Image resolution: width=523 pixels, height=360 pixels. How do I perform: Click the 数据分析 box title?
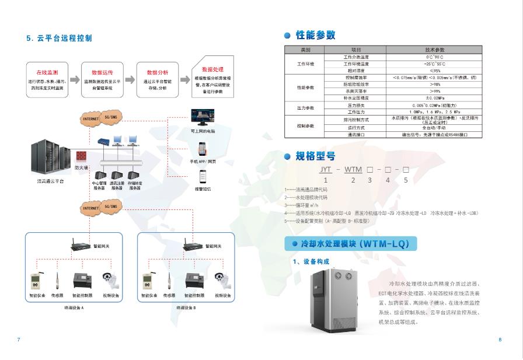click(x=157, y=72)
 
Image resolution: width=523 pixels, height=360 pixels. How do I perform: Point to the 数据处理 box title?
click(x=212, y=69)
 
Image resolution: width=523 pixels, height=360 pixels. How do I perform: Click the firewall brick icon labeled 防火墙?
click(x=81, y=157)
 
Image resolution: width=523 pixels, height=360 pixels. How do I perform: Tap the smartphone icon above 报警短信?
click(x=204, y=176)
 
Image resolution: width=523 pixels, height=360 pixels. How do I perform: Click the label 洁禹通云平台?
click(x=50, y=181)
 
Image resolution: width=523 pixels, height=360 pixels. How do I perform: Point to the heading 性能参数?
click(x=315, y=36)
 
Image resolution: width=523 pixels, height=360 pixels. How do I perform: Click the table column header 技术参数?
click(x=434, y=50)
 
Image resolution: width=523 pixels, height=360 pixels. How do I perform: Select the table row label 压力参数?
click(x=306, y=108)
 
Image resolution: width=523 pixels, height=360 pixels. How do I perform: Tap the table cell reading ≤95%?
click(x=434, y=69)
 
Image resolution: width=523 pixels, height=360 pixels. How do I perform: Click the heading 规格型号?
click(x=315, y=156)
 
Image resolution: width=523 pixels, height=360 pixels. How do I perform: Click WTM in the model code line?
click(x=353, y=170)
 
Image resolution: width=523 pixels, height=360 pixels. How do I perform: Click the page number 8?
click(x=500, y=340)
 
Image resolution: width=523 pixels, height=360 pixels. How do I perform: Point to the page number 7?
click(x=19, y=340)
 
